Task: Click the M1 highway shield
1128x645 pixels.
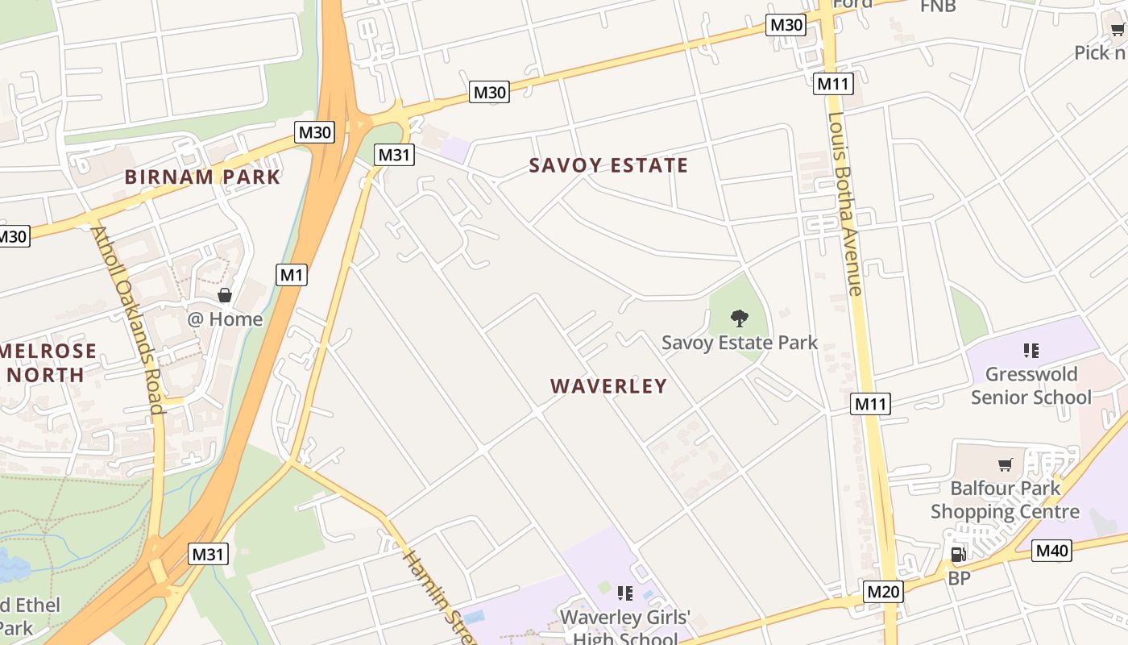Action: tap(292, 275)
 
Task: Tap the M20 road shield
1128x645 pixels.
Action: tap(883, 593)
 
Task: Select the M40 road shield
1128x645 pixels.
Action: tap(1051, 551)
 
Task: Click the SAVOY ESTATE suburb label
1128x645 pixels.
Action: tap(608, 166)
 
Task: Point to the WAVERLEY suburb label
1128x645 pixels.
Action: tap(609, 386)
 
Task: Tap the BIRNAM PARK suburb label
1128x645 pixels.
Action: tap(202, 177)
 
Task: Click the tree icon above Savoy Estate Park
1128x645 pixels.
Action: tap(739, 318)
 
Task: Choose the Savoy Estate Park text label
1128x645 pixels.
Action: tap(740, 343)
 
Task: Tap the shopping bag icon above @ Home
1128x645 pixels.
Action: tap(225, 295)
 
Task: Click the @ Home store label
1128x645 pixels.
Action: tap(225, 319)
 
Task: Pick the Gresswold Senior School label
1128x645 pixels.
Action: tap(1031, 385)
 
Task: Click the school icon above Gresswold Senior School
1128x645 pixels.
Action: tap(1031, 351)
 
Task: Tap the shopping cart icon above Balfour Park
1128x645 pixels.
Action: tap(1005, 465)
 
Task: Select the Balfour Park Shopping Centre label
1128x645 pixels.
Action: tap(1005, 500)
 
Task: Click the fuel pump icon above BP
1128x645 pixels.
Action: tap(958, 555)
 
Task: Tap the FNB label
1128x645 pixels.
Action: tap(938, 6)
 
